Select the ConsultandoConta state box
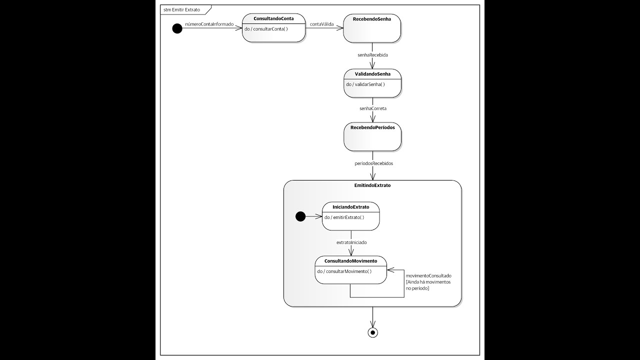[273, 28]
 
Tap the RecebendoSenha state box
[372, 28]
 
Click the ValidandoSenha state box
[372, 83]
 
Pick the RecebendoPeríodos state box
[372, 136]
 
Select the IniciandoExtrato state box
[350, 216]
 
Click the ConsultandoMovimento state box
[350, 270]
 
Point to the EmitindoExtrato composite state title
[372, 185]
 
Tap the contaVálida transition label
[321, 23]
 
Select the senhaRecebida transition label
[372, 54]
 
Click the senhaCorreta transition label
[372, 108]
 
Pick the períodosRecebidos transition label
[373, 163]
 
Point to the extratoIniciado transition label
[351, 242]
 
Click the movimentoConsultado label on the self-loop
[428, 275]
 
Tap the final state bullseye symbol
[372, 332]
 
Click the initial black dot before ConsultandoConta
[177, 28]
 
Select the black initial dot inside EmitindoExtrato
[300, 216]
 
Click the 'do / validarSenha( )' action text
[365, 84]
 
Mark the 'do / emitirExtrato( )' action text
[344, 217]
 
